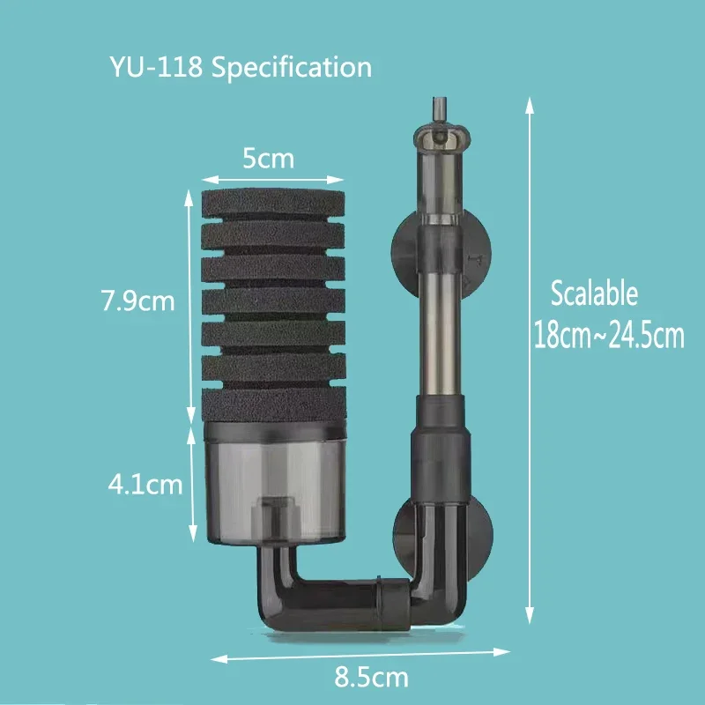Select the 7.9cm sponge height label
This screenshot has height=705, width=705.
(x=138, y=301)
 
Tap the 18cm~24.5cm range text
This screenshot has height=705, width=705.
(x=609, y=337)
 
